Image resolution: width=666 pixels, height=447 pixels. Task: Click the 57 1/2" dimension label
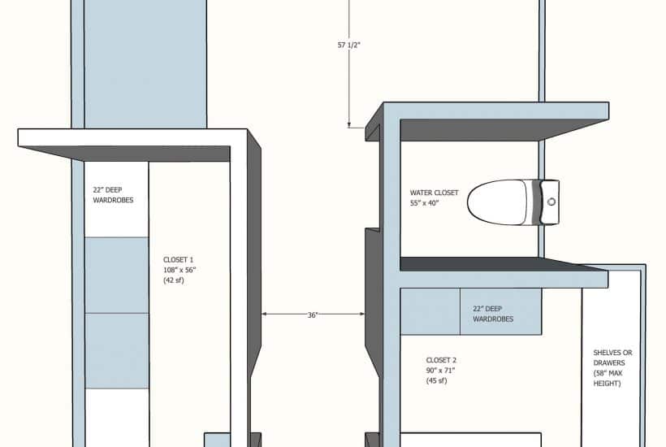[348, 45]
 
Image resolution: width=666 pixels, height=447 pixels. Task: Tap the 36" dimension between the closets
[313, 315]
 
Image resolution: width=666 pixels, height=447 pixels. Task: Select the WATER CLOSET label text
[434, 193]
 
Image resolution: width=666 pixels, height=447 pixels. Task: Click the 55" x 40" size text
[424, 203]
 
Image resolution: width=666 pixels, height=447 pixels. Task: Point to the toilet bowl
[497, 202]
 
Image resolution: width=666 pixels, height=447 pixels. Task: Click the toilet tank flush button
[551, 202]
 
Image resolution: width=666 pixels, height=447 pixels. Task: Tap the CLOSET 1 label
[179, 259]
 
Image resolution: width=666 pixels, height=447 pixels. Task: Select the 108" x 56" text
[179, 270]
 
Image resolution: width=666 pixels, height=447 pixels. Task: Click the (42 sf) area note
[174, 280]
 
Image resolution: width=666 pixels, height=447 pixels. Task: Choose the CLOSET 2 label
[441, 360]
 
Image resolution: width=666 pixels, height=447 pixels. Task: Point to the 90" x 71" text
[440, 370]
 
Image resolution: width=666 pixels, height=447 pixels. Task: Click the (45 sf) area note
[437, 380]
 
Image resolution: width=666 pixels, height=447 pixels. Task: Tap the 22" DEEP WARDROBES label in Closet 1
[113, 194]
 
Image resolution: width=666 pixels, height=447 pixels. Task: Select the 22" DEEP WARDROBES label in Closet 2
[493, 314]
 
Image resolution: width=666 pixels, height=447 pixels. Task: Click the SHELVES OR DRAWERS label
[612, 358]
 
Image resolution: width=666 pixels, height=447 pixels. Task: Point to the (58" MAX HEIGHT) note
[608, 378]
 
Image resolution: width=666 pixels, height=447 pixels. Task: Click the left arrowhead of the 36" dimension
[264, 314]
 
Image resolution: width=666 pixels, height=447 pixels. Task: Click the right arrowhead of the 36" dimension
[362, 314]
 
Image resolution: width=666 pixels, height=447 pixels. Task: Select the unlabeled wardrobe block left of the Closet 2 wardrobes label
[430, 311]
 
